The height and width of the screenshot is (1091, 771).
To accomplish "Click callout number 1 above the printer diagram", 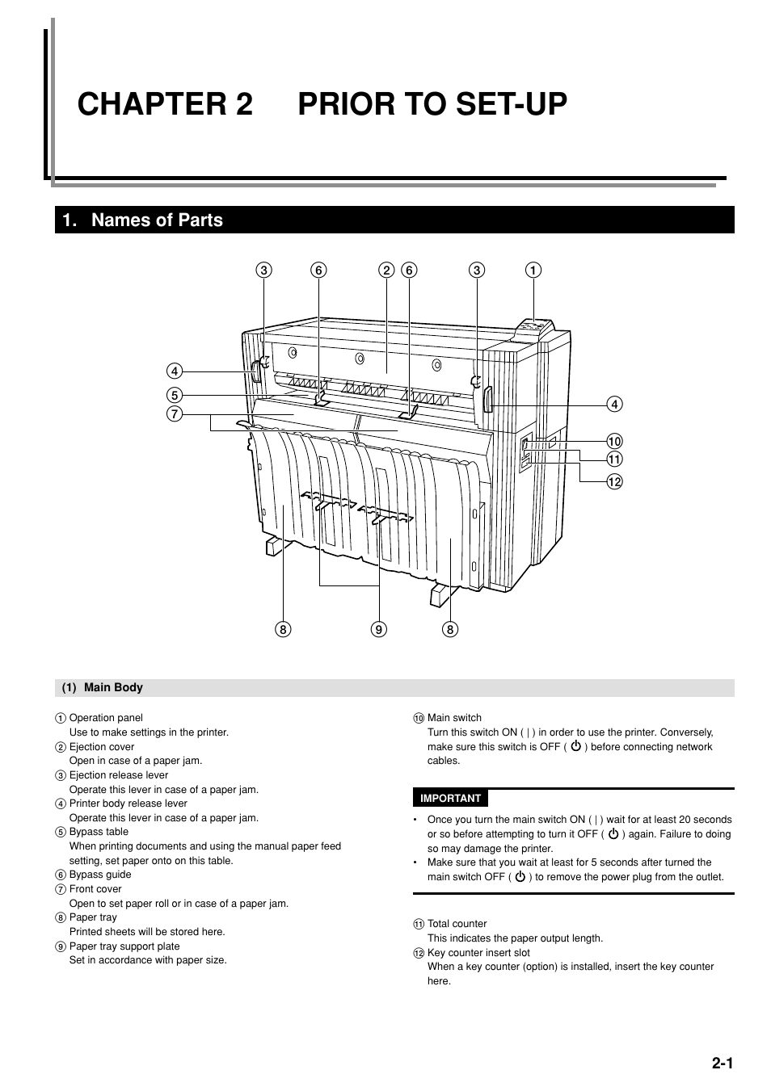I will (533, 271).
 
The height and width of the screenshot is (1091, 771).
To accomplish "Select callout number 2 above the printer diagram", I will (386, 271).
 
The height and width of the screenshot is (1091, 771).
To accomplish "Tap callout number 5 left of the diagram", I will (175, 396).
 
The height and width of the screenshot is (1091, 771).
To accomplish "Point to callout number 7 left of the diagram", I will (175, 414).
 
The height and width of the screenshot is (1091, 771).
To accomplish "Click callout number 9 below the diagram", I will (379, 629).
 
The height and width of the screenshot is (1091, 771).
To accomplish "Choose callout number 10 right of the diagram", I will (614, 441).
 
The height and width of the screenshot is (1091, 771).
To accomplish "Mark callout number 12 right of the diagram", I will (614, 482).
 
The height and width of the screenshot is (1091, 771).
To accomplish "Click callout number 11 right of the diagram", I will (614, 459).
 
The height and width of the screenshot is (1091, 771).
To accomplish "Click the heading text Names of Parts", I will (157, 220).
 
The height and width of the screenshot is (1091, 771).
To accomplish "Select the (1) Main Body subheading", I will (103, 688).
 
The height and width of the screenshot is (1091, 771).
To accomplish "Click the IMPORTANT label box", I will (450, 799).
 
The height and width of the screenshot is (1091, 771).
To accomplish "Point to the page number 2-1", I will (722, 1064).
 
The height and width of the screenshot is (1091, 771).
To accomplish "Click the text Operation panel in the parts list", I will (106, 718).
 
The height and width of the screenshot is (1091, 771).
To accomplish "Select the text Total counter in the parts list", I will (457, 924).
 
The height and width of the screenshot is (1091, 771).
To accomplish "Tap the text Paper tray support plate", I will (124, 946).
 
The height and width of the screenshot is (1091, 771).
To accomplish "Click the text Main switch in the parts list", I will (454, 718).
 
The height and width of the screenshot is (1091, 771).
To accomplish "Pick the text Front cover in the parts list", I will (95, 889).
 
